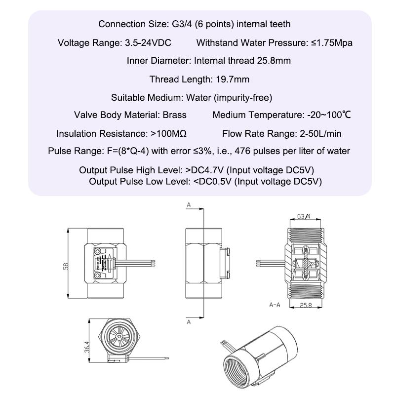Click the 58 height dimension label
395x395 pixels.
pyautogui.click(x=66, y=266)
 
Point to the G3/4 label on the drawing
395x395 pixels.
pyautogui.click(x=304, y=216)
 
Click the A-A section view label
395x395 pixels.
pyautogui.click(x=275, y=305)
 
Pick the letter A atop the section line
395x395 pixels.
pyautogui.click(x=188, y=204)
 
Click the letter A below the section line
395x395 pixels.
pyautogui.click(x=188, y=322)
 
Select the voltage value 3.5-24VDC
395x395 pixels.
pyautogui.click(x=146, y=42)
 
